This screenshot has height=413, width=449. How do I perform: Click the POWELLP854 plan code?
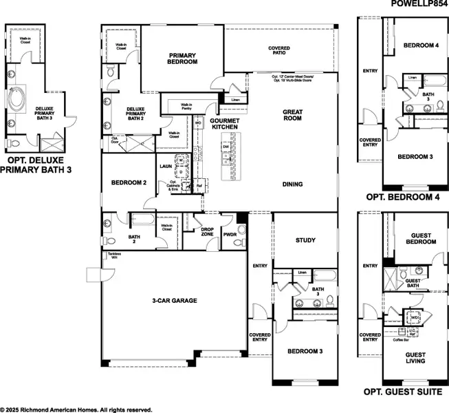tap(419, 4)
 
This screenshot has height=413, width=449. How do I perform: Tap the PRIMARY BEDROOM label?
tap(183, 58)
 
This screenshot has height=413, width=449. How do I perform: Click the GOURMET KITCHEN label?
tap(224, 124)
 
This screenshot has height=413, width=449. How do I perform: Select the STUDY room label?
tap(305, 240)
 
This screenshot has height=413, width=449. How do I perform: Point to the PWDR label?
tap(230, 235)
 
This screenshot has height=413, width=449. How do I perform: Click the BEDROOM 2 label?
tap(129, 183)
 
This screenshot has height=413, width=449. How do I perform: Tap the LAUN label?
tap(165, 166)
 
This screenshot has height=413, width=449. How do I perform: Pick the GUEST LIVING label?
tap(416, 357)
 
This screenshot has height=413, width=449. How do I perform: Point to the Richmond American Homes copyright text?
tap(76, 409)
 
